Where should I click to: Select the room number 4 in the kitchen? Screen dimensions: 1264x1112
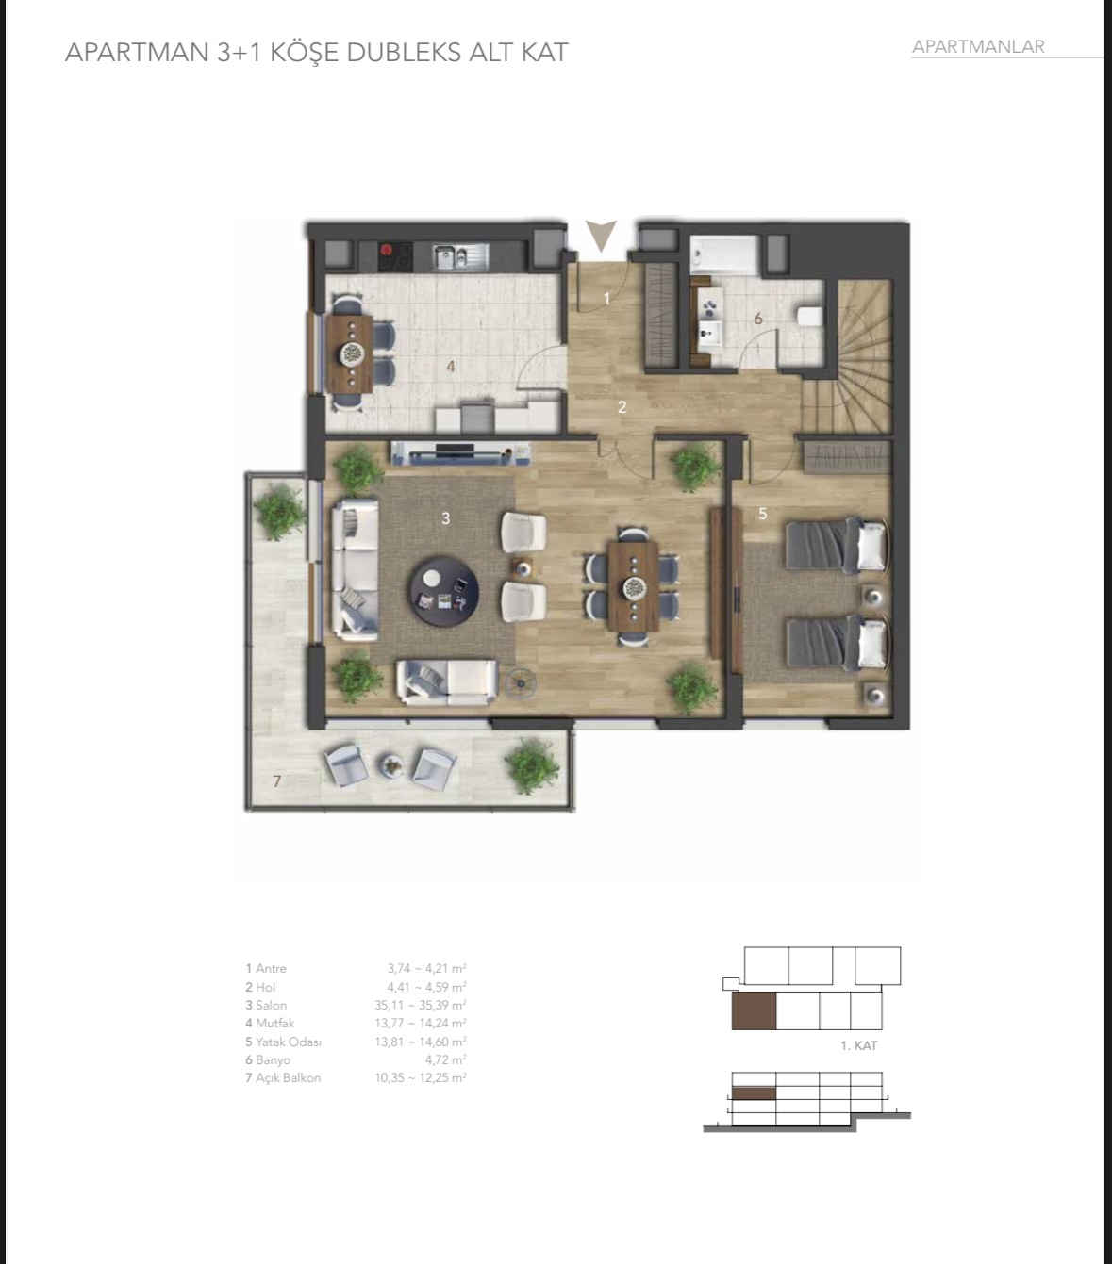pyautogui.click(x=451, y=366)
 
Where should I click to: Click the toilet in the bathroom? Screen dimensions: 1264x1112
pyautogui.click(x=809, y=315)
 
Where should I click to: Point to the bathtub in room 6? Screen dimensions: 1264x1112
pyautogui.click(x=724, y=254)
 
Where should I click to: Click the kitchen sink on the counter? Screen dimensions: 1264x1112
pyautogui.click(x=456, y=255)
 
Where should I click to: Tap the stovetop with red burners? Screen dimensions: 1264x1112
pyautogui.click(x=395, y=254)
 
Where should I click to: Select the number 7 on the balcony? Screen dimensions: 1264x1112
pyautogui.click(x=276, y=780)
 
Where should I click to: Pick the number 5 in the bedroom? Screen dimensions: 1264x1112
pyautogui.click(x=763, y=514)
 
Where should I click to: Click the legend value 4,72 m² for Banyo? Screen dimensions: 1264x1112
pyautogui.click(x=445, y=1059)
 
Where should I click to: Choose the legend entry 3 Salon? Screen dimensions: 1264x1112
pyautogui.click(x=266, y=1005)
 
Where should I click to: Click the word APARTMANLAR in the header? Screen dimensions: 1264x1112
pyautogui.click(x=978, y=46)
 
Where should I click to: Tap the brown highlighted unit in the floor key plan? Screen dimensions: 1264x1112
pyautogui.click(x=754, y=1010)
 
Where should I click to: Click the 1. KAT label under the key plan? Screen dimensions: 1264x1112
pyautogui.click(x=858, y=1045)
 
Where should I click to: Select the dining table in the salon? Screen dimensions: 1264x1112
pyautogui.click(x=633, y=586)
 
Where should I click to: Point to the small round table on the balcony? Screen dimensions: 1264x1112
pyautogui.click(x=390, y=765)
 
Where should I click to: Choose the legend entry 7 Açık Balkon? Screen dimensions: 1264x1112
pyautogui.click(x=283, y=1077)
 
